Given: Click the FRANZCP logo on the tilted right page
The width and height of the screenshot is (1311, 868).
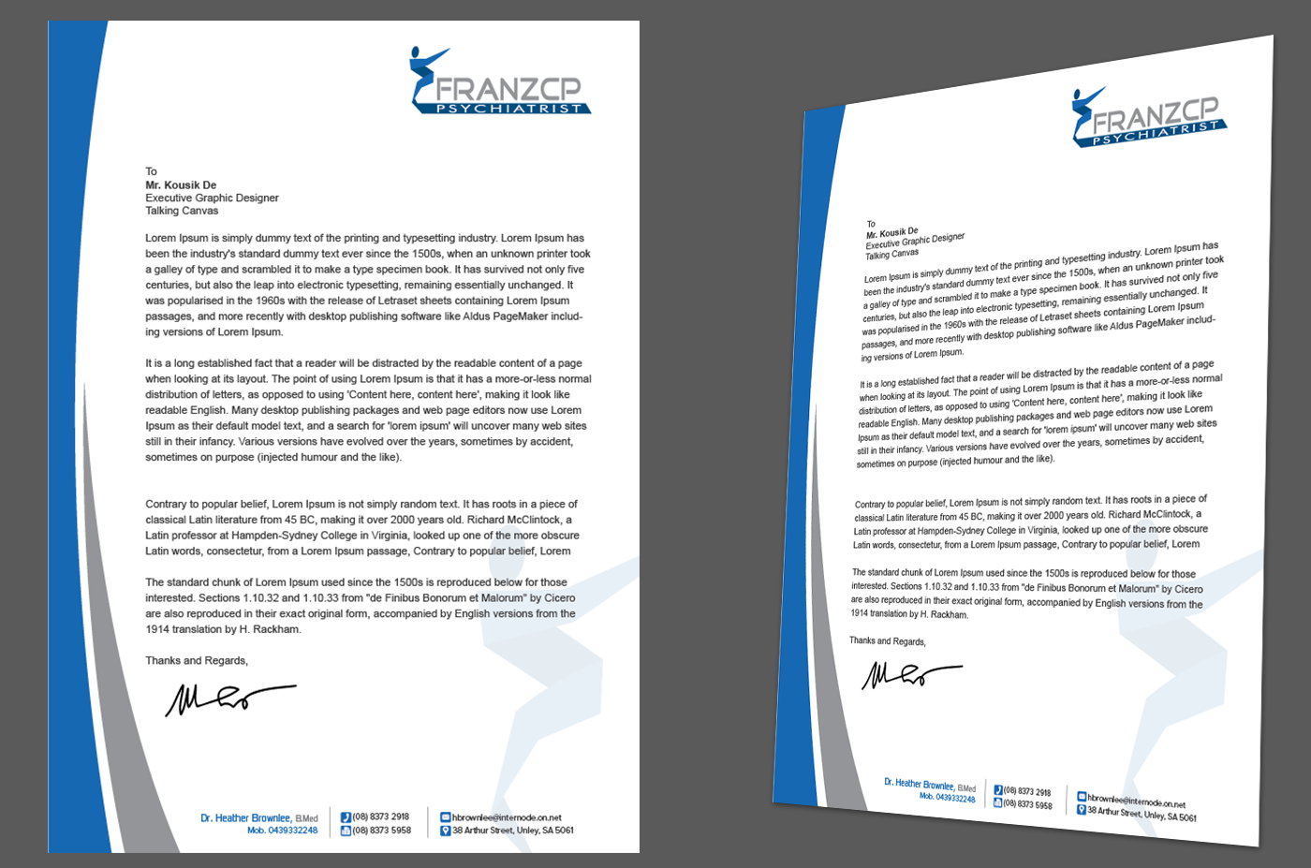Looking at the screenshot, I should click(1147, 118).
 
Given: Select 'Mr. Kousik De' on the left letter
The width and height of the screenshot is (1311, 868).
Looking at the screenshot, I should click(181, 185).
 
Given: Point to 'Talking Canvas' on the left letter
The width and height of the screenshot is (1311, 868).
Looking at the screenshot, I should click(182, 211).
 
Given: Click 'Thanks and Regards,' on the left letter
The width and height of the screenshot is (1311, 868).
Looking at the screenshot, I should click(197, 661).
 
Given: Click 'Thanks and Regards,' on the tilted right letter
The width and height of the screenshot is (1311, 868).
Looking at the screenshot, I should click(887, 641).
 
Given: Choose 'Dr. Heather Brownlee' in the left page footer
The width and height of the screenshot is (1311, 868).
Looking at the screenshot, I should click(245, 817).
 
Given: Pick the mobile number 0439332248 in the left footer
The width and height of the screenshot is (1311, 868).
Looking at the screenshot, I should click(282, 831).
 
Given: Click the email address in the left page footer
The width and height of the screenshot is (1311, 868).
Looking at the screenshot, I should click(507, 817).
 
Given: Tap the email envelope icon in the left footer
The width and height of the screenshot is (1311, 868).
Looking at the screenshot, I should click(446, 817).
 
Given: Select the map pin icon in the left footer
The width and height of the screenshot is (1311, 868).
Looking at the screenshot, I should click(446, 831).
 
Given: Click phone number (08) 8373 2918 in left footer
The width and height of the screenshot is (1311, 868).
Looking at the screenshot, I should click(380, 817).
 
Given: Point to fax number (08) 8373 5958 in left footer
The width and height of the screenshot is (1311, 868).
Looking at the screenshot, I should click(381, 831).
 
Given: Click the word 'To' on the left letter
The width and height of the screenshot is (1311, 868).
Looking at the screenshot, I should click(151, 171).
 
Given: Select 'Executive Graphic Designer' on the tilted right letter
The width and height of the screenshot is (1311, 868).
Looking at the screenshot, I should click(915, 241).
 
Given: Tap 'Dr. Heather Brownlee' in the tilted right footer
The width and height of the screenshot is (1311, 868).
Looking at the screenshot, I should click(920, 784).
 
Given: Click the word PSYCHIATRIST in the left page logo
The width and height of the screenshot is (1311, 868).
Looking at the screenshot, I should click(508, 109).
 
